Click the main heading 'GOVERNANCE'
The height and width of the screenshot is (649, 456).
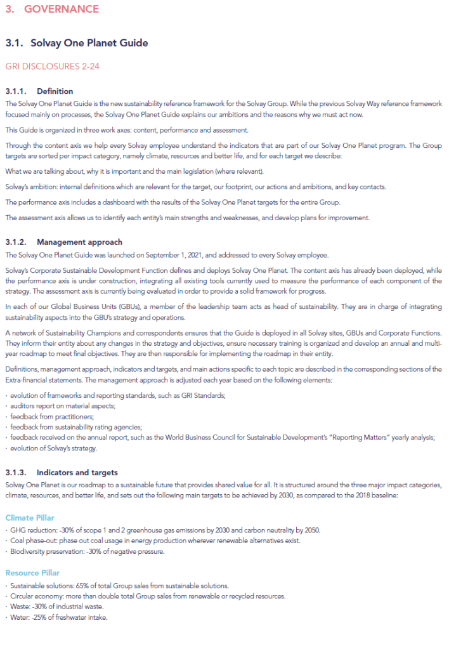point(61,9)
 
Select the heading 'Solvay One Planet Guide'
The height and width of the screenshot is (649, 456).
point(89,43)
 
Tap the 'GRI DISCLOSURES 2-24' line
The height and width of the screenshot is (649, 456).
point(52,66)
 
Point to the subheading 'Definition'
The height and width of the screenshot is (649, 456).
point(55,91)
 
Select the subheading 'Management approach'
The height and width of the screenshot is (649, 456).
point(79,242)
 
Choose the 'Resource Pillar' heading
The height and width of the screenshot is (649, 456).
point(32,573)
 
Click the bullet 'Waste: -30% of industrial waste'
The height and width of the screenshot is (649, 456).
point(58,606)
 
